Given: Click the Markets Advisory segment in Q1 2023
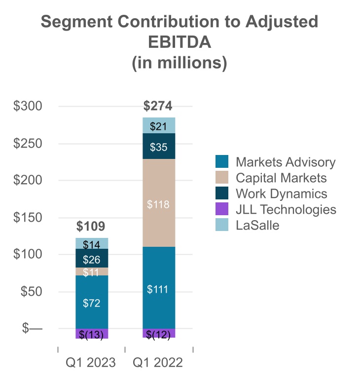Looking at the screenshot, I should (x=91, y=302).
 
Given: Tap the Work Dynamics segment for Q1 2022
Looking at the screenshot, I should (x=158, y=146).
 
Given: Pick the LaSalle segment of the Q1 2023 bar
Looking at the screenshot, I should (x=91, y=244).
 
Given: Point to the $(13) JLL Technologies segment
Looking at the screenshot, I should (x=91, y=334).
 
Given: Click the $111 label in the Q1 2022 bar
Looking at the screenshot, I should (x=158, y=289).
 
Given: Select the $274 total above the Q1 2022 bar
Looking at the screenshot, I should (x=158, y=106).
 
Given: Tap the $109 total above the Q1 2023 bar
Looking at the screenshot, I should (x=91, y=227).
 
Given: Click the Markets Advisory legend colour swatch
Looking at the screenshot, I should (x=222, y=162).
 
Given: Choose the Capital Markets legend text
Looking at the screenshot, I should (x=281, y=178).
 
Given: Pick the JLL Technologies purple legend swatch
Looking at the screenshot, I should (x=222, y=209).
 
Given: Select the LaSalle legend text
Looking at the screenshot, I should (x=257, y=225).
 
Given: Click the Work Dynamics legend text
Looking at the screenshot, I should (x=281, y=193).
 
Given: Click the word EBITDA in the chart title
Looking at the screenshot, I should (x=180, y=43).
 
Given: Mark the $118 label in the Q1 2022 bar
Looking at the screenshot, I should (x=158, y=204).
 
